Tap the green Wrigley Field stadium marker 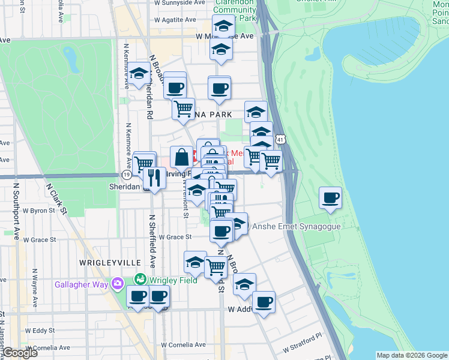pyautogui.click(x=140, y=279)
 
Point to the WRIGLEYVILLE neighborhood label pyautogui.click(x=110, y=263)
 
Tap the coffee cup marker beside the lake pyautogui.click(x=330, y=198)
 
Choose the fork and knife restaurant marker pyautogui.click(x=154, y=178)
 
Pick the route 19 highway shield pyautogui.click(x=126, y=174)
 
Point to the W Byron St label pyautogui.click(x=47, y=211)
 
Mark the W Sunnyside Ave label pyautogui.click(x=179, y=3)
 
